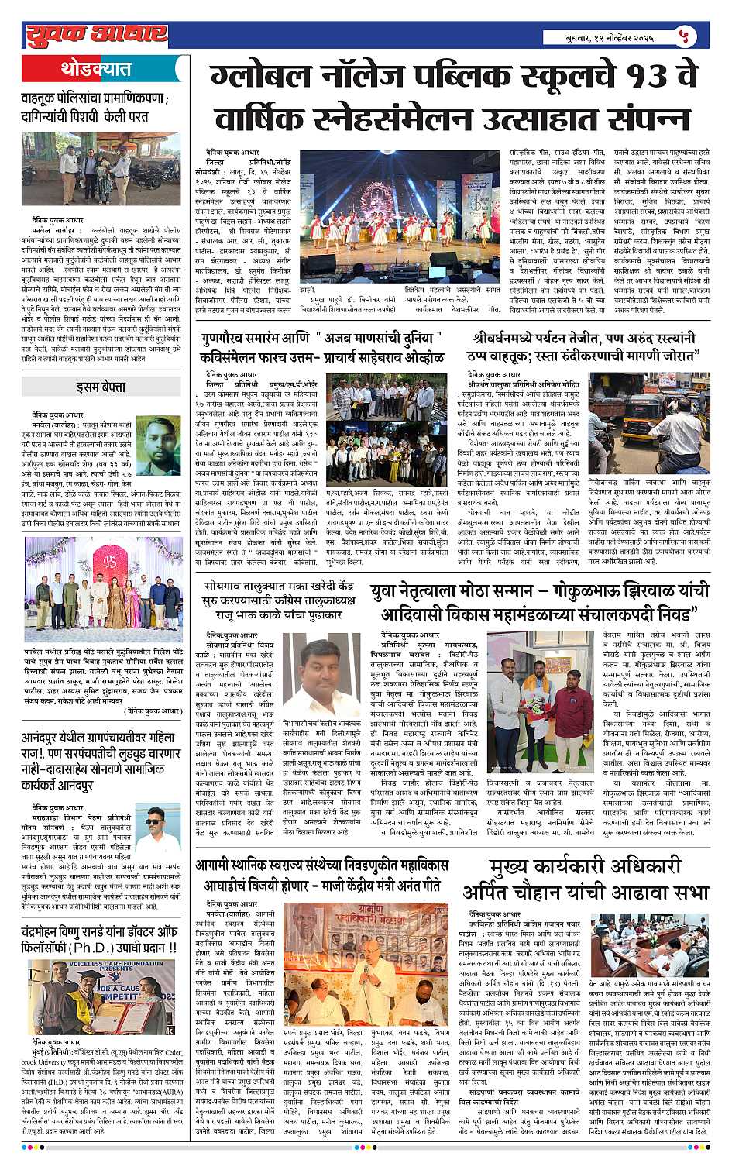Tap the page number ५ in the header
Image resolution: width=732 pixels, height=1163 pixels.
point(682,36)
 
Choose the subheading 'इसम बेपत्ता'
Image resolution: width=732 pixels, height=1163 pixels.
point(101,387)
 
